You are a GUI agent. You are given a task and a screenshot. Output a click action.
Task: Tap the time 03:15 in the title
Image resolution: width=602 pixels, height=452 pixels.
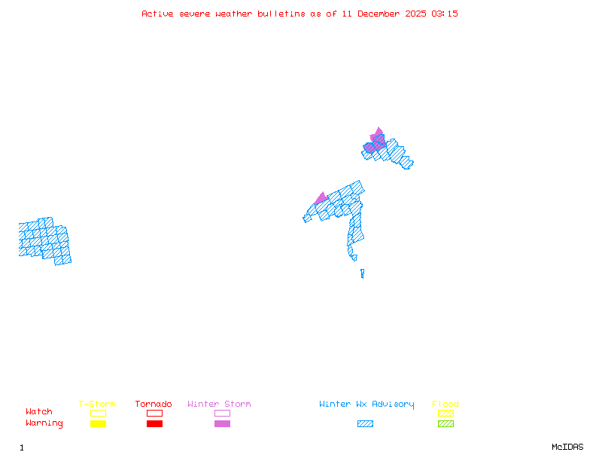445,14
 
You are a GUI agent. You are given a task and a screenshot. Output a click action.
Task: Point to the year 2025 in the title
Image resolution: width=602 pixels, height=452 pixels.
418,14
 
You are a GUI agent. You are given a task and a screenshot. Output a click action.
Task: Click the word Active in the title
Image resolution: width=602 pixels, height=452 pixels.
157,14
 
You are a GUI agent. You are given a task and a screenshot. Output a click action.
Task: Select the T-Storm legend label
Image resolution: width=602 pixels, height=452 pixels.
97,405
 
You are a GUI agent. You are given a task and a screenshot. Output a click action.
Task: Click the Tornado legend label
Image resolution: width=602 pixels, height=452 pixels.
154,405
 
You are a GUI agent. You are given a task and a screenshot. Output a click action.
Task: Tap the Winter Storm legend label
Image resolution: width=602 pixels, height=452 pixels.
219,405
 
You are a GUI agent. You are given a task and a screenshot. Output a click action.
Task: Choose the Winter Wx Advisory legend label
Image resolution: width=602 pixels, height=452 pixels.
366,405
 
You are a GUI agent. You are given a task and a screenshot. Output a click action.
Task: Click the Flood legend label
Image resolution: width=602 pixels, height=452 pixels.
445,405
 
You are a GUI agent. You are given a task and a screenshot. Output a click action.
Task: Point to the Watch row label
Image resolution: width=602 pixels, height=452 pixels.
39,412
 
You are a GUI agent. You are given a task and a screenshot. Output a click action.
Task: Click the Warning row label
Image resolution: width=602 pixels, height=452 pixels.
44,423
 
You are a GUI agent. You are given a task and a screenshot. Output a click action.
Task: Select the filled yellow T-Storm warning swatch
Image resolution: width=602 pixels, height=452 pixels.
98,424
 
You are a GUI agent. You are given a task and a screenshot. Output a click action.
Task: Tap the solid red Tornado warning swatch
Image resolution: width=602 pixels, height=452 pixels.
154,424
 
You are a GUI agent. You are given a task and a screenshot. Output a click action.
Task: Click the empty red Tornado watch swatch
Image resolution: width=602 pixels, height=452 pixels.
154,413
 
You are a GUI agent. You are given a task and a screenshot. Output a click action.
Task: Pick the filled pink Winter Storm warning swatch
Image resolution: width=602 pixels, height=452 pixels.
222,424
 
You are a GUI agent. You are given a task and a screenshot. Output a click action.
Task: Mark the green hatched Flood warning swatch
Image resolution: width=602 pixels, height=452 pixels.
445,424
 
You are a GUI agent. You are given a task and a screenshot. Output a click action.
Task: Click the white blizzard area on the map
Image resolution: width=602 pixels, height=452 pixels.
360,258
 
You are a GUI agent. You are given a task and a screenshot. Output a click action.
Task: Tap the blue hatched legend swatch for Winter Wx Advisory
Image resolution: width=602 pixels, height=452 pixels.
365,424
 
